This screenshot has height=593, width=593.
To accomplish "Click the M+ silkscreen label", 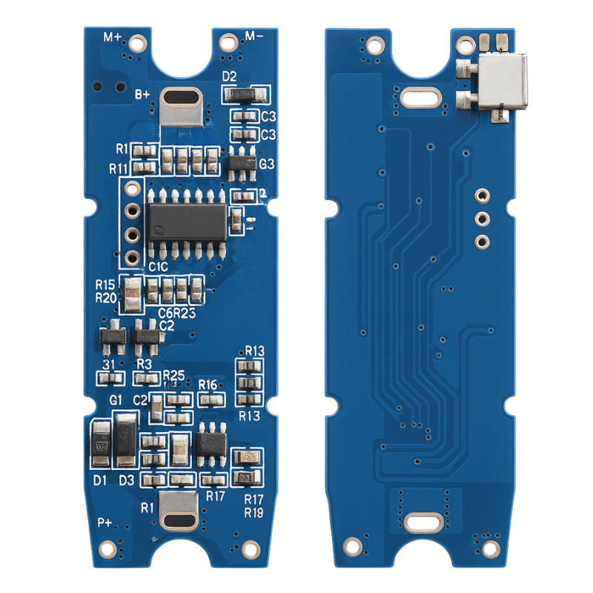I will coord(113,36).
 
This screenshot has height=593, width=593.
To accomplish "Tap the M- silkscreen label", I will coord(254,36).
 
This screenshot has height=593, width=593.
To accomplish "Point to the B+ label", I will coord(142,93).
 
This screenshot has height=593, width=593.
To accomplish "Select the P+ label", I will coord(105,523).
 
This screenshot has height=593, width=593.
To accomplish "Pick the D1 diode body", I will coord(100,444).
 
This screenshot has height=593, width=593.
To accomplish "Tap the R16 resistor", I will coord(211,400).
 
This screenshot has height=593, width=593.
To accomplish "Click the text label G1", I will coord(116,400).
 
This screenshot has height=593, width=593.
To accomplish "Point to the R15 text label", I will coord(105,284).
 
